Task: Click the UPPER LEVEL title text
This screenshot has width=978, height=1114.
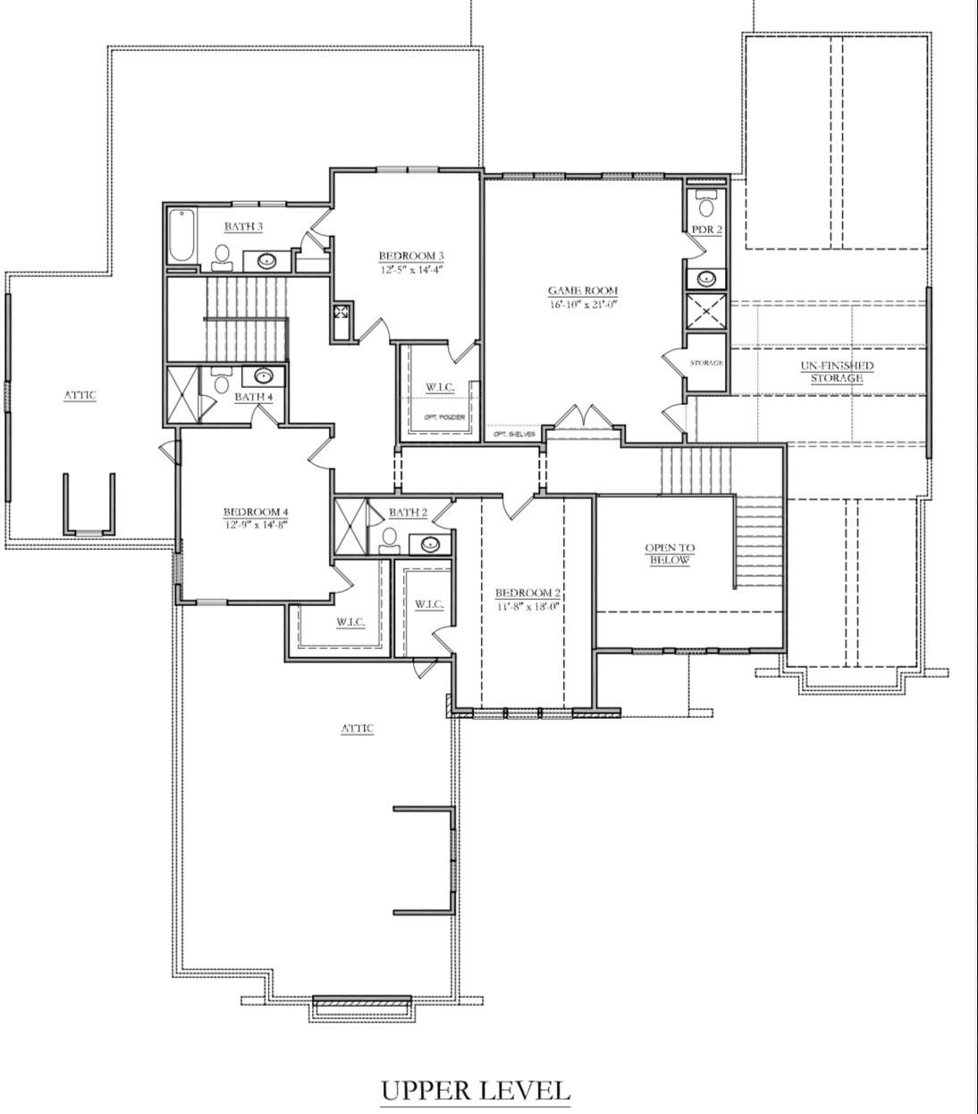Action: coord(476,1090)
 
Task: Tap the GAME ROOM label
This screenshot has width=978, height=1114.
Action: coord(583,291)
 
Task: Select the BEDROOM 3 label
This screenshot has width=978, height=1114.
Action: coord(411,255)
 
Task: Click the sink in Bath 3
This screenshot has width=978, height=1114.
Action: coord(266,261)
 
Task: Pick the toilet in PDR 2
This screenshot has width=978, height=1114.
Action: coord(706,207)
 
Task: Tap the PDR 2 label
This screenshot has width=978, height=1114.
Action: coord(706,230)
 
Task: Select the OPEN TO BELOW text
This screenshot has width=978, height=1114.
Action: coord(670,553)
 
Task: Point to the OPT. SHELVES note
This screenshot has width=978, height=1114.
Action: coord(514,435)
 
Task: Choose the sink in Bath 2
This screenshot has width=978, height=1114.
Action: coord(430,543)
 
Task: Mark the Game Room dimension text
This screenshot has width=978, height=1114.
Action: coord(583,304)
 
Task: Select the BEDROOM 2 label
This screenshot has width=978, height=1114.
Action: coord(527,593)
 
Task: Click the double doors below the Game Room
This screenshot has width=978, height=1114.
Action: coord(582,417)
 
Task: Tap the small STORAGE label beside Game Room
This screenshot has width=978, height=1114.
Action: coord(706,363)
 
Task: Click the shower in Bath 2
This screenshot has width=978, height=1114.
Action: coord(350,527)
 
